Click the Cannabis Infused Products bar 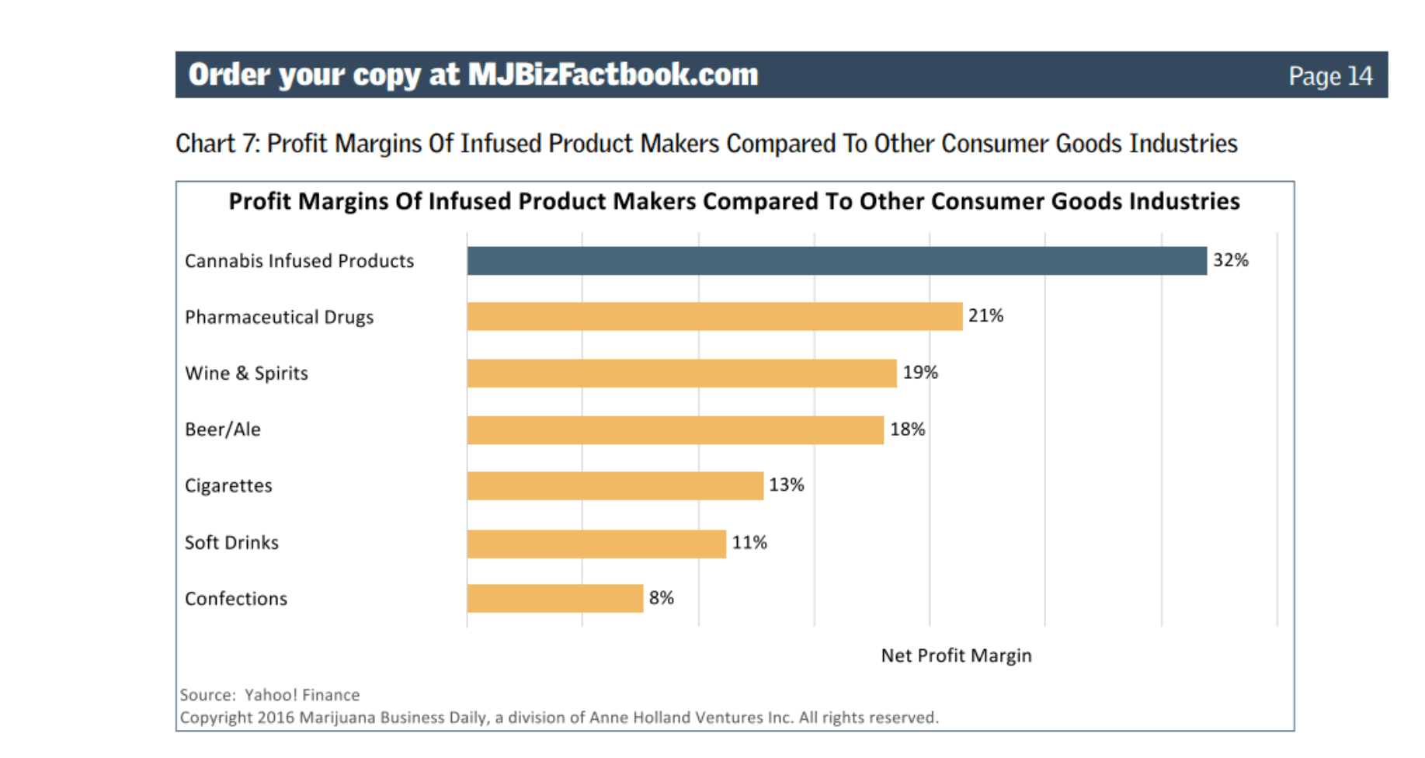(x=836, y=261)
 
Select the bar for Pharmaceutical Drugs (x=714, y=317)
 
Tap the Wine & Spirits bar (x=682, y=373)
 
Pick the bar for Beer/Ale (x=675, y=429)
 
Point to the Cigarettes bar (x=615, y=485)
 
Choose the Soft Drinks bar (x=596, y=543)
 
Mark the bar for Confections (x=554, y=598)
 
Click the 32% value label (x=1230, y=260)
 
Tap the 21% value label (x=985, y=316)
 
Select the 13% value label (x=786, y=485)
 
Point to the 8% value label (x=661, y=598)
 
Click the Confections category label (x=236, y=599)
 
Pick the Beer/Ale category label (x=223, y=429)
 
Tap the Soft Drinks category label (x=231, y=542)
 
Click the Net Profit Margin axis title (x=956, y=655)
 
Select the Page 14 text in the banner (x=1329, y=76)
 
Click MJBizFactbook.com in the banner (x=613, y=75)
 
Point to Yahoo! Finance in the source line (x=302, y=695)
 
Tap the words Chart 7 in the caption (x=217, y=144)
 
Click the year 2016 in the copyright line (x=276, y=718)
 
